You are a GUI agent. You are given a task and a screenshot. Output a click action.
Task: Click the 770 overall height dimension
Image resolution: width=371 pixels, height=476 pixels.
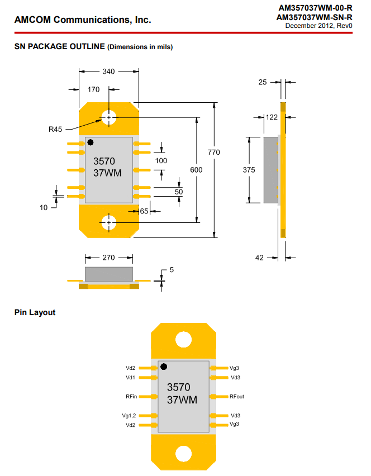214,152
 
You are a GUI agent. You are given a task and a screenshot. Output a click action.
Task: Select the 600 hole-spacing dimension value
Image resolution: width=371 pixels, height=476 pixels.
196,169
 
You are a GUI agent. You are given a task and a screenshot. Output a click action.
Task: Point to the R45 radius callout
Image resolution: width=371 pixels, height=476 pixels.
55,129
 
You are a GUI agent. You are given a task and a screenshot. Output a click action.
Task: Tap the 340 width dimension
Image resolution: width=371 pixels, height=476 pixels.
109,72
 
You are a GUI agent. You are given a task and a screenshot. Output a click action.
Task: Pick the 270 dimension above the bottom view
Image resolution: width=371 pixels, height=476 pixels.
109,258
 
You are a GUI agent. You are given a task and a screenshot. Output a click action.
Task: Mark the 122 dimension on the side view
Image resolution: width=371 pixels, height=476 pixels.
272,117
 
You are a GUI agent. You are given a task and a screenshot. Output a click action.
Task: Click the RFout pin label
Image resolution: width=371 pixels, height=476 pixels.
237,397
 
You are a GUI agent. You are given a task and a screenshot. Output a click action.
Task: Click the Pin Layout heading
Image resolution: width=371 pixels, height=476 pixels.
35,312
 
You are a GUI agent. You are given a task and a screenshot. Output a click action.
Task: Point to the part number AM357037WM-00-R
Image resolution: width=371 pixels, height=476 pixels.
315,8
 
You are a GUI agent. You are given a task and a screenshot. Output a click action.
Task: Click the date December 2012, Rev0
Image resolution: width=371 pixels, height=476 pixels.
318,26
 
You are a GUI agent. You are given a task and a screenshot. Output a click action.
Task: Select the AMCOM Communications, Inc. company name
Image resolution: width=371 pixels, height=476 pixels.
83,20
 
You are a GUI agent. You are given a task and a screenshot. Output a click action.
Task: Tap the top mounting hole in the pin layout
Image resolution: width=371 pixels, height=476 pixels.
183,339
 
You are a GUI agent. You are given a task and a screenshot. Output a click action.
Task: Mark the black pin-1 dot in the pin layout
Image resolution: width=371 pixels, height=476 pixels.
164,366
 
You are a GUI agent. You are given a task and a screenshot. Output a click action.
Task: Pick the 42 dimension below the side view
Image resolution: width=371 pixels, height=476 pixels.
259,258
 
